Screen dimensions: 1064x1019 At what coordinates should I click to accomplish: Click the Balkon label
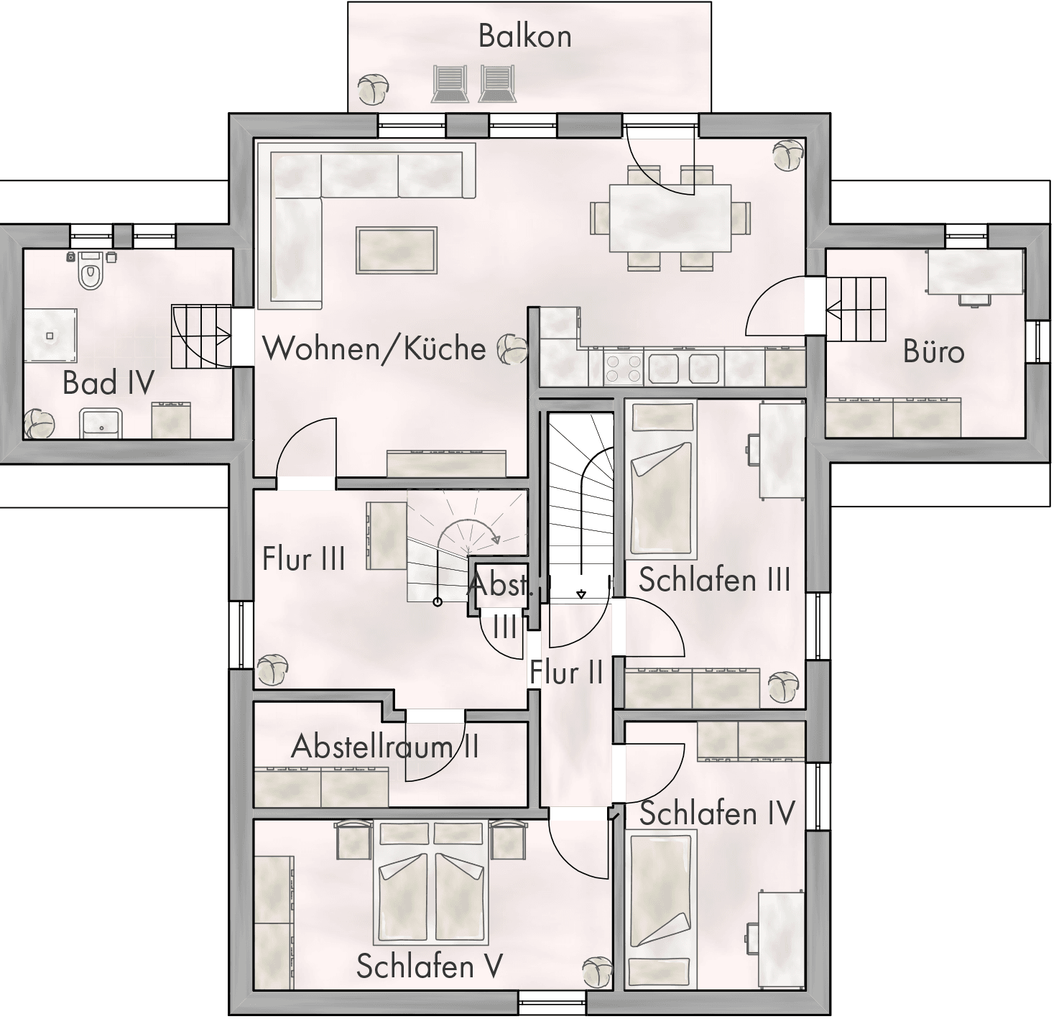(x=525, y=36)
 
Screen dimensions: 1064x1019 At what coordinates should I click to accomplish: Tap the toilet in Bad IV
(x=91, y=269)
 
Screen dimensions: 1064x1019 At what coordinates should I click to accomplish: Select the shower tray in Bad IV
(x=50, y=335)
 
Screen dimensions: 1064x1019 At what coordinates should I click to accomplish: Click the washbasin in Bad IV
(x=101, y=423)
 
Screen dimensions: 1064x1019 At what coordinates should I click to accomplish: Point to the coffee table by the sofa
(x=397, y=251)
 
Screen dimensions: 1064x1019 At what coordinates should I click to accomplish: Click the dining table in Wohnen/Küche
(x=670, y=218)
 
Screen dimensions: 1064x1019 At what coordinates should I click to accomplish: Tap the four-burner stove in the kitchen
(x=624, y=368)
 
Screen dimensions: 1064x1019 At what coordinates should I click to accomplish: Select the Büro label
(x=933, y=351)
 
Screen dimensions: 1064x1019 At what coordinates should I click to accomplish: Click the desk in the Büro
(x=976, y=272)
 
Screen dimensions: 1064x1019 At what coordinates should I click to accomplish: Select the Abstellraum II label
(x=385, y=746)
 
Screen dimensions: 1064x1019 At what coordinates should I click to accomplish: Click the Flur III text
(x=303, y=558)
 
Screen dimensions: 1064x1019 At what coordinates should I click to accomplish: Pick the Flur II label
(x=566, y=672)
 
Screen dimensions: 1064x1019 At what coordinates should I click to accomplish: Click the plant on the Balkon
(x=374, y=90)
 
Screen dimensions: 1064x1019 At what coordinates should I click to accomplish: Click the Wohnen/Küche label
(x=374, y=349)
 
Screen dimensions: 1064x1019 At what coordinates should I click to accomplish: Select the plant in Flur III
(x=272, y=670)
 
